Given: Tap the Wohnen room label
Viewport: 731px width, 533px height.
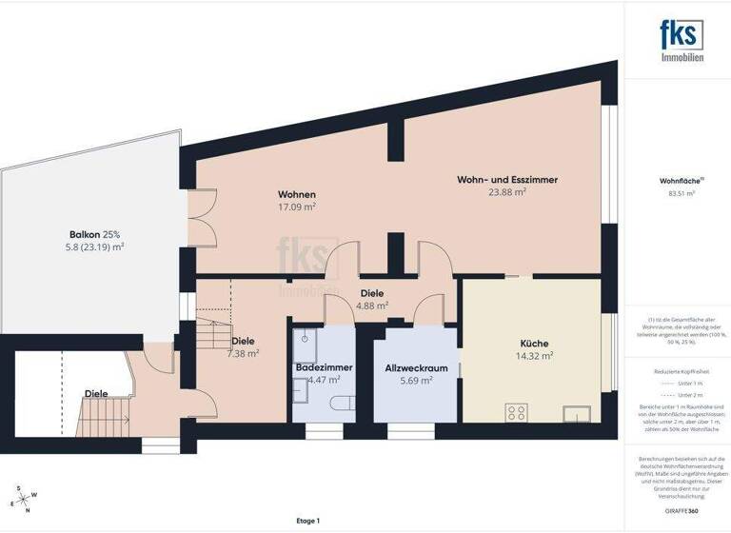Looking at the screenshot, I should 297,194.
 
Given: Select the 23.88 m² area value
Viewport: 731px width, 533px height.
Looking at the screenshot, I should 507,191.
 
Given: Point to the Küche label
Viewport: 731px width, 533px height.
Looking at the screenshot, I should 532,345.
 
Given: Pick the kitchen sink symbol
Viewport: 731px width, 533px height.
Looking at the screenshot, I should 577,413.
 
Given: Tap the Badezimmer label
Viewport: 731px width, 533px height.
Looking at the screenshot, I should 319,366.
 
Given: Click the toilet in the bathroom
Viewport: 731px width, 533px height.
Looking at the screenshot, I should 334,403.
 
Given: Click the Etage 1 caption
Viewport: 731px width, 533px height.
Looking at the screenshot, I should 307,521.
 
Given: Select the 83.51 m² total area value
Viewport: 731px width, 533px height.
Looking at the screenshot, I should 682,193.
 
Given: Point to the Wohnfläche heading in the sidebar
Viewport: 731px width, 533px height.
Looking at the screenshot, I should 681,180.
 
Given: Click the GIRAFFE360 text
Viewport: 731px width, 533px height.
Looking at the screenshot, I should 682,512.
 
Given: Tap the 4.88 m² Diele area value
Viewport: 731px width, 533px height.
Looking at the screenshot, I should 372,306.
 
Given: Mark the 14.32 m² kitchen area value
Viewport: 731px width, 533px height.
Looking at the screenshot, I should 532,357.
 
